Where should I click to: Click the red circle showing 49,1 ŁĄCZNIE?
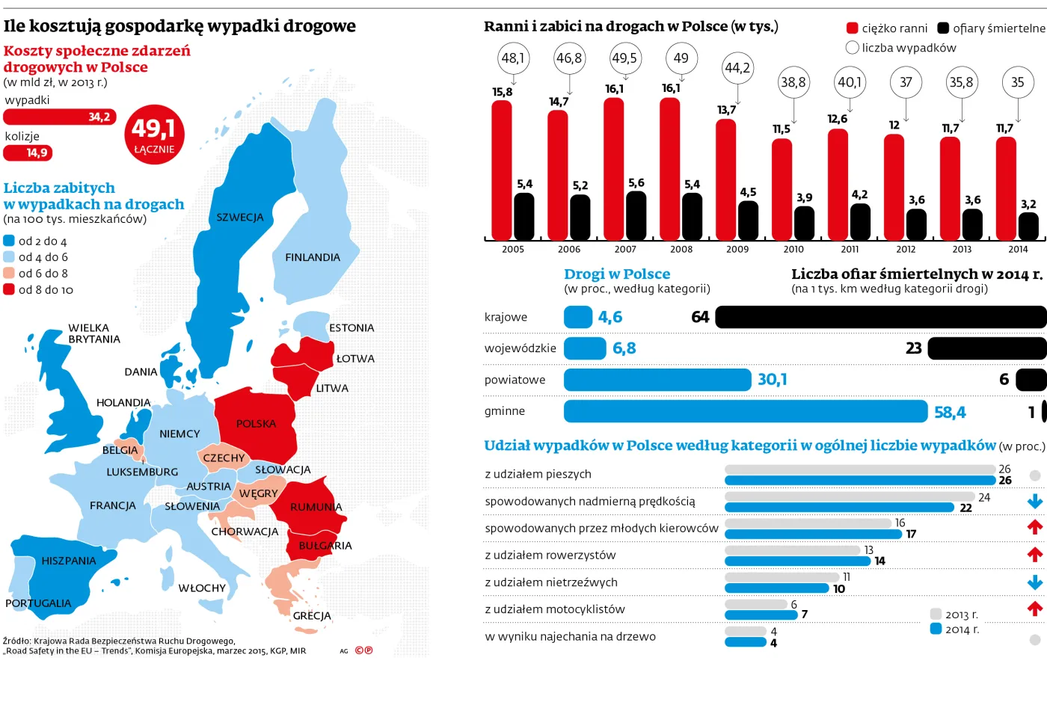click(154, 135)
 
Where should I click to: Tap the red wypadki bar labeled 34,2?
click(60, 117)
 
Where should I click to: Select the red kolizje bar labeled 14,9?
click(28, 153)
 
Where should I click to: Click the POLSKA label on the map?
click(256, 424)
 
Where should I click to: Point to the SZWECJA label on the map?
click(240, 218)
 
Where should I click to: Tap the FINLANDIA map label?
click(313, 257)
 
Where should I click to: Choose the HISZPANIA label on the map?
click(69, 561)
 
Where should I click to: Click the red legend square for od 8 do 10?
click(9, 289)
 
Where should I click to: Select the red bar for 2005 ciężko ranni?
click(502, 170)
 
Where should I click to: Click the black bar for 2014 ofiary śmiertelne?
click(1028, 226)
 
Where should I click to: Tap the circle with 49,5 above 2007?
click(624, 58)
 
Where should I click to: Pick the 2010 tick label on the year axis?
click(793, 249)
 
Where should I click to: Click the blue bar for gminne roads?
click(745, 411)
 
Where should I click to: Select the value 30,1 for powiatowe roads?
click(772, 380)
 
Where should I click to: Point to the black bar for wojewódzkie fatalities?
click(986, 348)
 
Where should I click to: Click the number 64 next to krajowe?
click(700, 317)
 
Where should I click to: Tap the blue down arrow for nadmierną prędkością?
click(1035, 501)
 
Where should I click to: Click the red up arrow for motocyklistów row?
click(1035, 609)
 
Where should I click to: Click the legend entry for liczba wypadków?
click(901, 48)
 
